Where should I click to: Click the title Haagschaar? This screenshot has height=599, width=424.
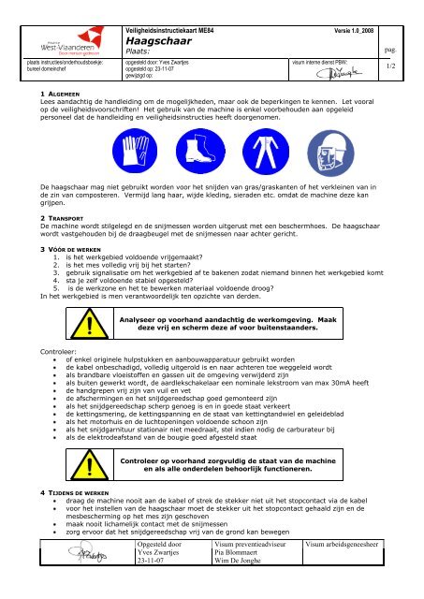[x=158, y=28]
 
